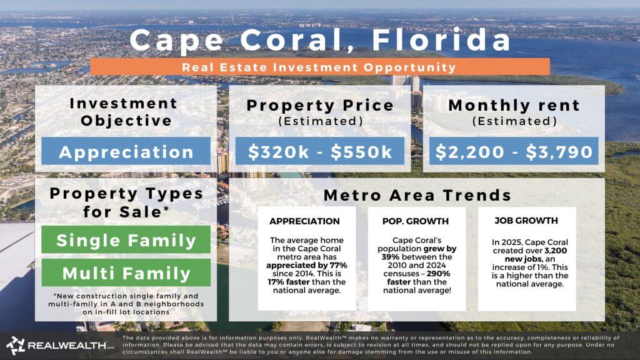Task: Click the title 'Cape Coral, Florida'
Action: pyautogui.click(x=320, y=40)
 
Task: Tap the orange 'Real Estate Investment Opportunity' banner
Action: pyautogui.click(x=320, y=66)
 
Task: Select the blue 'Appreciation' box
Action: pyautogui.click(x=126, y=152)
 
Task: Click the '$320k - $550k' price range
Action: pyautogui.click(x=320, y=152)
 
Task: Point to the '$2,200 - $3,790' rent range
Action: pyautogui.click(x=513, y=152)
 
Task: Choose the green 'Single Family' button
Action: pyautogui.click(x=126, y=239)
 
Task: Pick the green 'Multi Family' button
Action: pyautogui.click(x=126, y=273)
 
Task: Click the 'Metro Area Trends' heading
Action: pyautogui.click(x=417, y=195)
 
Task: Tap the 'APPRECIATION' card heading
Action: pyautogui.click(x=305, y=221)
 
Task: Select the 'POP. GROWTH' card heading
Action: pyautogui.click(x=416, y=221)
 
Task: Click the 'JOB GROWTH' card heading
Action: pyautogui.click(x=526, y=221)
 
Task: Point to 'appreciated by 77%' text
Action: pyautogui.click(x=307, y=264)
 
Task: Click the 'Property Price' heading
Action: pyautogui.click(x=320, y=106)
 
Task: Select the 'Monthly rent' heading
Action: pyautogui.click(x=514, y=106)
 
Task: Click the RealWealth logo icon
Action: pyautogui.click(x=16, y=346)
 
